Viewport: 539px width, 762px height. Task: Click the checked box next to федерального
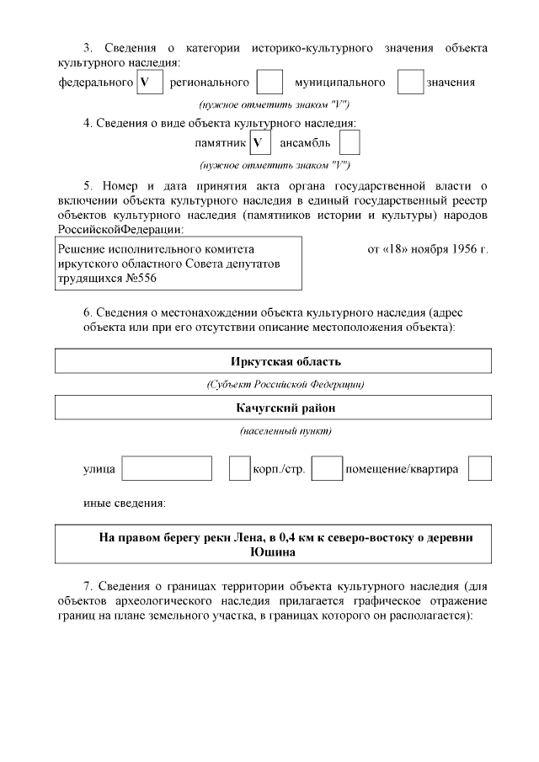[x=148, y=83]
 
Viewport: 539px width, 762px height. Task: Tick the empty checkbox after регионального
[x=269, y=83]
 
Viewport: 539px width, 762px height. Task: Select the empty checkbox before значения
[x=410, y=83]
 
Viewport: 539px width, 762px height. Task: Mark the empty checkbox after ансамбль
[x=350, y=142]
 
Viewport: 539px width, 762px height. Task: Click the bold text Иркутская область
[x=274, y=362]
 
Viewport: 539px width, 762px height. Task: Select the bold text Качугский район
[x=274, y=408]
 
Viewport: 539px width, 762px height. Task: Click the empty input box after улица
[x=167, y=468]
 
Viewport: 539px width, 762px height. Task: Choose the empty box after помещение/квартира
[x=480, y=468]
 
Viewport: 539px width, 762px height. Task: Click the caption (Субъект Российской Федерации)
[x=274, y=385]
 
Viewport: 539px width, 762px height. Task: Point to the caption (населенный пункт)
[x=274, y=431]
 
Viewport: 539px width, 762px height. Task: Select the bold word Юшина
[x=274, y=552]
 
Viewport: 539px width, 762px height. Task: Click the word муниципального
[x=340, y=83]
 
